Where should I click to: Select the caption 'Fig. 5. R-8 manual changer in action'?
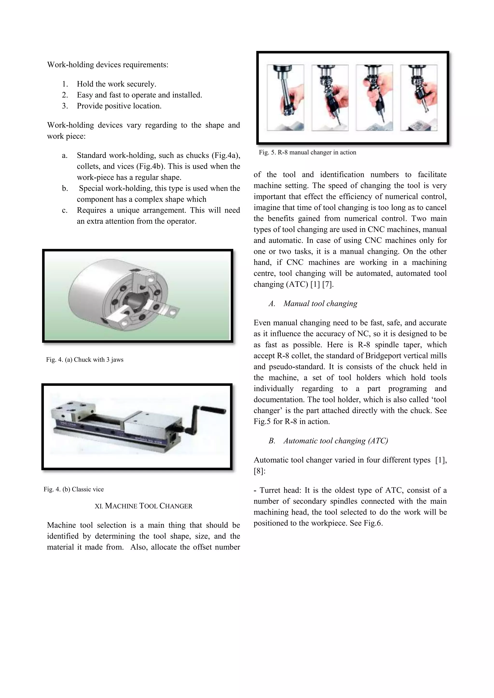(307, 152)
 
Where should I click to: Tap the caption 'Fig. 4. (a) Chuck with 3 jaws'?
(85, 360)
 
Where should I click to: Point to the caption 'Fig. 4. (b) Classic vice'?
(74, 489)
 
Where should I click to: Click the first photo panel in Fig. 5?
(285, 98)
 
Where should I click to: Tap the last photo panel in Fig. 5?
(419, 98)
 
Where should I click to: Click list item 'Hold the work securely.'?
(116, 84)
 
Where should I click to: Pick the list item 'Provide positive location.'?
(119, 106)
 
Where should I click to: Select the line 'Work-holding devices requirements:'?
(108, 65)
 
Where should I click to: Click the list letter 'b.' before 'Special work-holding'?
(65, 188)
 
